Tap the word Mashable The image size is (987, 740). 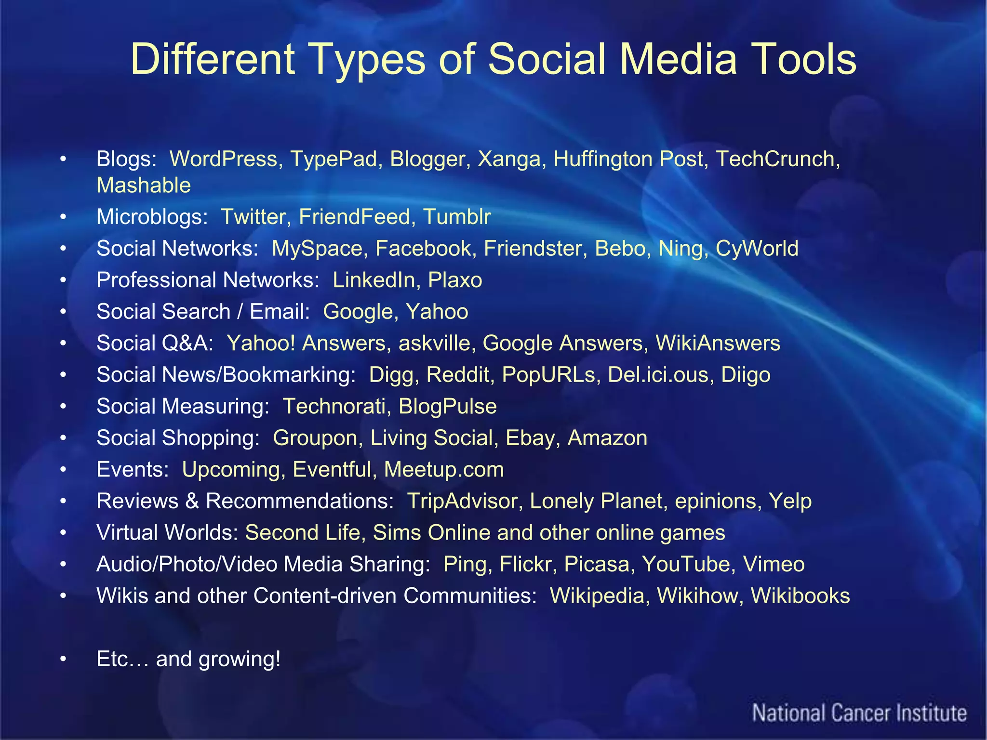tap(144, 185)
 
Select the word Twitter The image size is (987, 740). tap(253, 217)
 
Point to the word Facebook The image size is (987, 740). tap(423, 249)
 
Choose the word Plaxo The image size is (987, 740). tap(455, 280)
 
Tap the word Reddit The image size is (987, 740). tap(457, 375)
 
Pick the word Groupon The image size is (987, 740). tap(315, 438)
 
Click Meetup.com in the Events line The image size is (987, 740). tap(444, 470)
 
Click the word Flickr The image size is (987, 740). tap(525, 564)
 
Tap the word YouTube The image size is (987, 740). tap(686, 564)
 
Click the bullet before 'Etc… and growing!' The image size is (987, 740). tap(63, 659)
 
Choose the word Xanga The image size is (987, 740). tap(509, 159)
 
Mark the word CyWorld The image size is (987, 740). tap(757, 249)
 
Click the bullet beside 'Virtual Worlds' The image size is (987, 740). tap(63, 533)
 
